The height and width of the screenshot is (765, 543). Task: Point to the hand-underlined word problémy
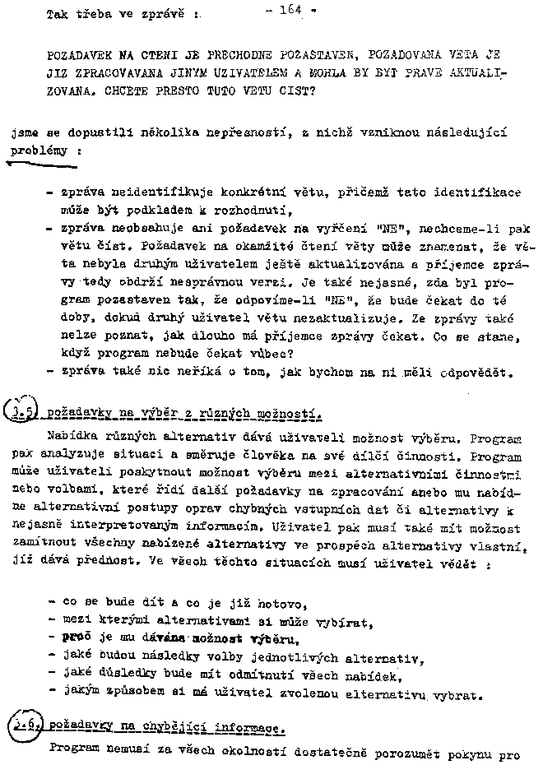coord(37,151)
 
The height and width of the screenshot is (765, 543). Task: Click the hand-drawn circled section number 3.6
coord(24,726)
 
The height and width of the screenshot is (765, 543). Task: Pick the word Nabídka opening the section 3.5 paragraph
coord(76,430)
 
